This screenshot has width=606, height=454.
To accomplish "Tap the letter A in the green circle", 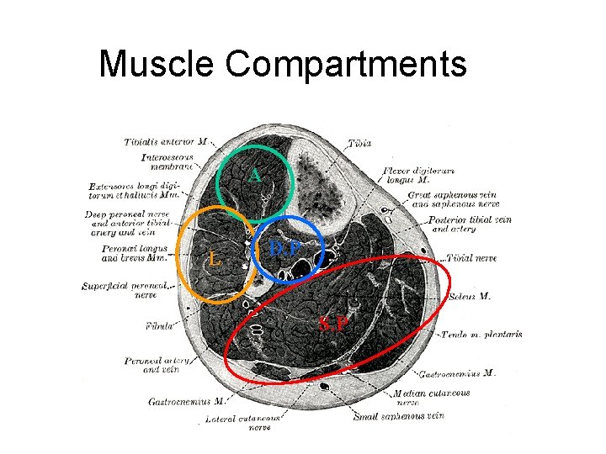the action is (x=254, y=175).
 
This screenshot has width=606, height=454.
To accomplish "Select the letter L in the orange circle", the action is (x=215, y=260).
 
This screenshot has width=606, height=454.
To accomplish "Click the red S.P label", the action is (x=334, y=323).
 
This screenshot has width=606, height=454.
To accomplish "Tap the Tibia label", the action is (x=359, y=144).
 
